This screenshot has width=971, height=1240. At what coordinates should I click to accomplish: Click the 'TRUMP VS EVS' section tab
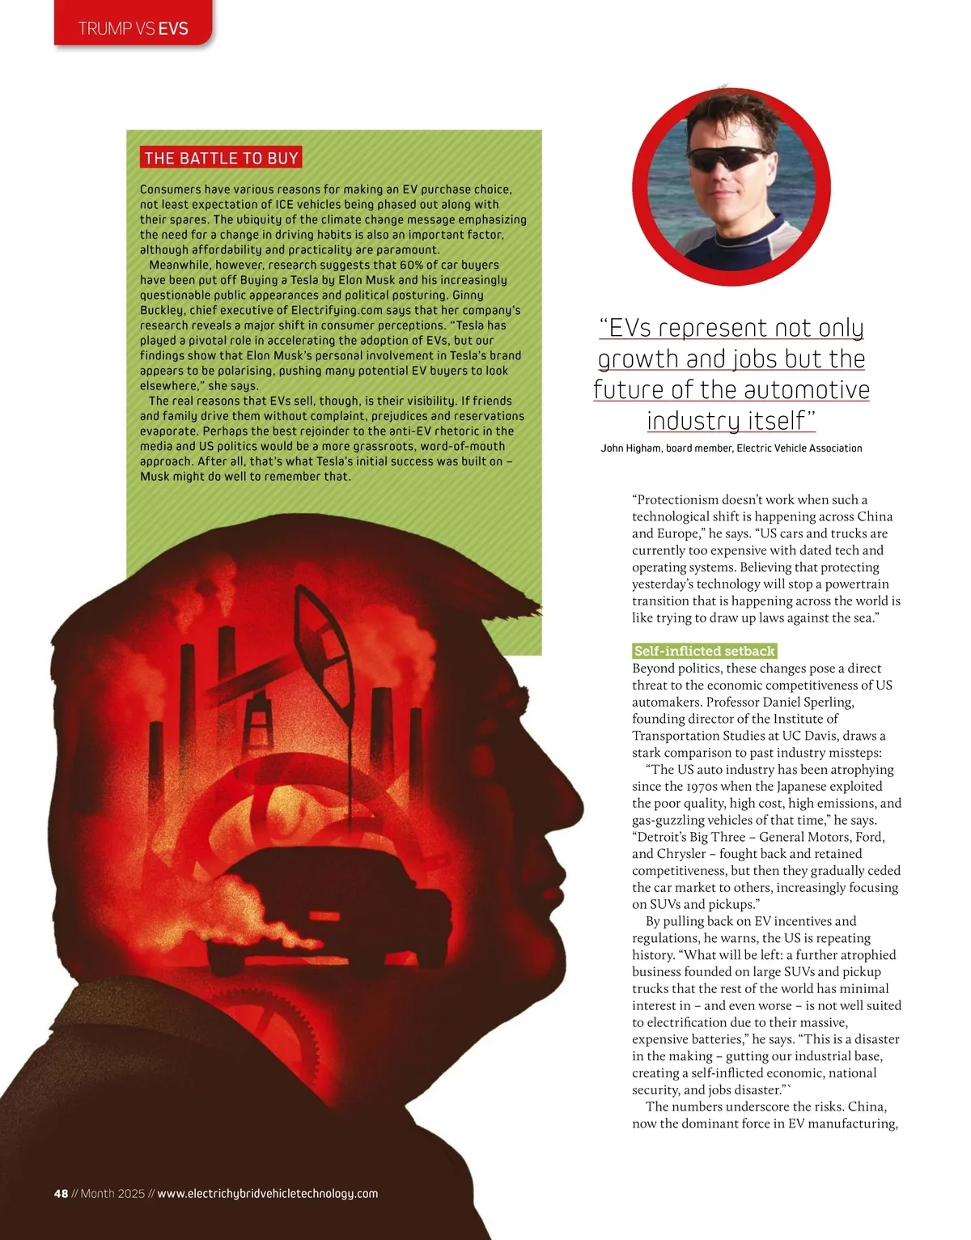(x=134, y=28)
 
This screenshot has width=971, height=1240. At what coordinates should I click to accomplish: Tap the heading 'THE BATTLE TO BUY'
(x=221, y=158)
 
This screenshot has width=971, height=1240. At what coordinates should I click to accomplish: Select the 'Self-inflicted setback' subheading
(x=704, y=651)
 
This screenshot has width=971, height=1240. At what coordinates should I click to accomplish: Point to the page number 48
(x=61, y=1193)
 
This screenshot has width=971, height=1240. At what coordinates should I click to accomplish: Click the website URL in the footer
(x=267, y=1193)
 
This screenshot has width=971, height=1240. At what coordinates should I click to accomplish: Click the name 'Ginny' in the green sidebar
(x=467, y=295)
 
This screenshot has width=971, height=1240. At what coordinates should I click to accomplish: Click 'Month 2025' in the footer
(x=112, y=1193)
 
